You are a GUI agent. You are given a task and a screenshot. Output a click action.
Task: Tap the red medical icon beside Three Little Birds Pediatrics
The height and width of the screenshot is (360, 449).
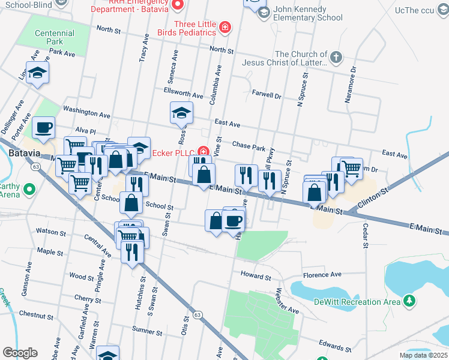click(225, 28)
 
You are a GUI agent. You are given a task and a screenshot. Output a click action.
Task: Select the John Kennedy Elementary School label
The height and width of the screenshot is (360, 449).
click(308, 14)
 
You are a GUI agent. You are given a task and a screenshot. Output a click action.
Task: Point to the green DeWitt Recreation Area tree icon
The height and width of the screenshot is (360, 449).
click(409, 300)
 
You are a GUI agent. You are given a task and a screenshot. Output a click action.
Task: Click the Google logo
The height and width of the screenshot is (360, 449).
click(20, 352)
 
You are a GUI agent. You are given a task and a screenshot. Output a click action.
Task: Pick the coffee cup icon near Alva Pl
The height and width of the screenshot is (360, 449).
click(43, 127)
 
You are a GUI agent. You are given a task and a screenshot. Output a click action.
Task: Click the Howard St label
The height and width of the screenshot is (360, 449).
click(256, 277)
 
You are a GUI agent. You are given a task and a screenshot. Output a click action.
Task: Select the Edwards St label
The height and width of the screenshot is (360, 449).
click(335, 347)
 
